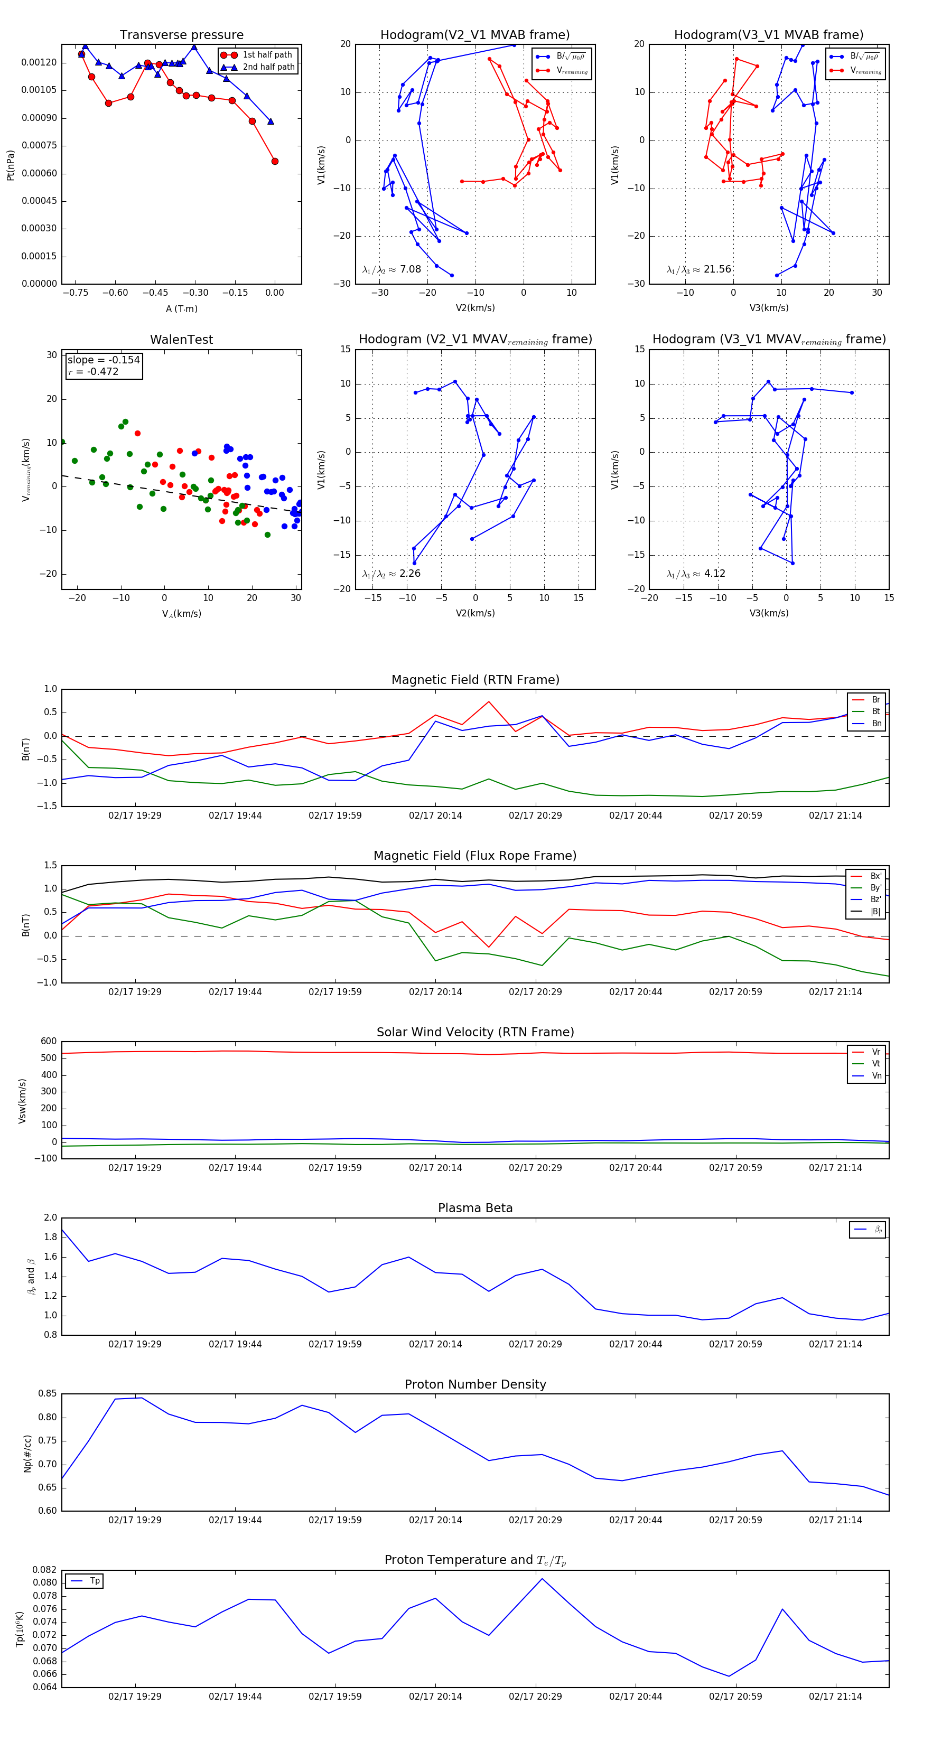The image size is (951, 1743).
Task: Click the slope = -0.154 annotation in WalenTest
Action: tap(104, 360)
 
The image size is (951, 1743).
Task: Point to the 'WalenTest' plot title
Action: tap(181, 340)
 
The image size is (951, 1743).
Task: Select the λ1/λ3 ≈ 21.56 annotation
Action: tap(698, 269)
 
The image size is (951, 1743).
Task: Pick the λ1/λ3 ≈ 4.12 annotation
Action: tap(696, 574)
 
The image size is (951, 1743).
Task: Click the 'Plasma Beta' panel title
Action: tap(475, 1208)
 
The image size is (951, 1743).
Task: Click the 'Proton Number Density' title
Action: tap(475, 1384)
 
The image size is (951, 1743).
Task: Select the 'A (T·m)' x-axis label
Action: tap(181, 309)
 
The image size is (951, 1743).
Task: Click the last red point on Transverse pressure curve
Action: tap(275, 161)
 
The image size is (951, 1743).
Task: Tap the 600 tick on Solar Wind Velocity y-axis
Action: tap(49, 1042)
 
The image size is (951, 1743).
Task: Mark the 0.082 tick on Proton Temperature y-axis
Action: tap(45, 1570)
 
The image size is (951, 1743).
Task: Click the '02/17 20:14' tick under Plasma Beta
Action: tap(435, 1344)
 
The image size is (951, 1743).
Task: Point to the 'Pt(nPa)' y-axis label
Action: tap(10, 165)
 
